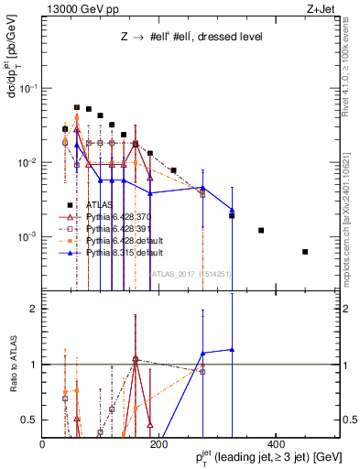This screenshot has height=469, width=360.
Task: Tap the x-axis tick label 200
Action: (x=158, y=445)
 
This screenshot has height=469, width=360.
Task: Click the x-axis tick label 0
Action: (x=43, y=445)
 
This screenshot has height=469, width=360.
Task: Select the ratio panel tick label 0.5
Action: (x=32, y=420)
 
